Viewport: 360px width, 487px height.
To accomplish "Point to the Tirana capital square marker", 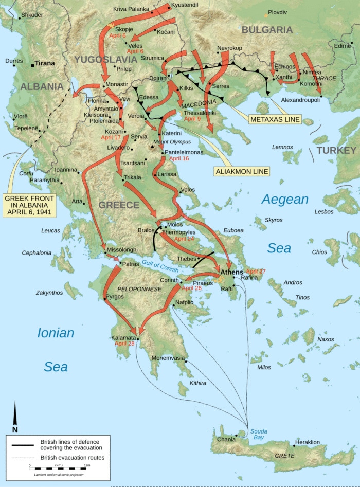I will click(x=32, y=65).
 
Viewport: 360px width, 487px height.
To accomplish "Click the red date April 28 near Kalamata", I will click(x=124, y=343).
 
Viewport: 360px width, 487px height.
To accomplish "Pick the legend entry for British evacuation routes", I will click(x=72, y=457).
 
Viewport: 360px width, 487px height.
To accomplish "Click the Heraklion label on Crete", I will click(x=308, y=442).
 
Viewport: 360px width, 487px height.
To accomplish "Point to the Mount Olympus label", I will click(x=172, y=141).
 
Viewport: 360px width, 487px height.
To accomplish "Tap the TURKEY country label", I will click(x=336, y=150).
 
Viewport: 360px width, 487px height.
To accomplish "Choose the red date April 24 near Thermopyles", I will click(x=184, y=239).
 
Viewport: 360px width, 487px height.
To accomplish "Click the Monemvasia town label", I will click(x=168, y=358).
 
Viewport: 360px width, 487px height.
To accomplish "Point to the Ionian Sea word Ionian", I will click(x=56, y=333).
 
